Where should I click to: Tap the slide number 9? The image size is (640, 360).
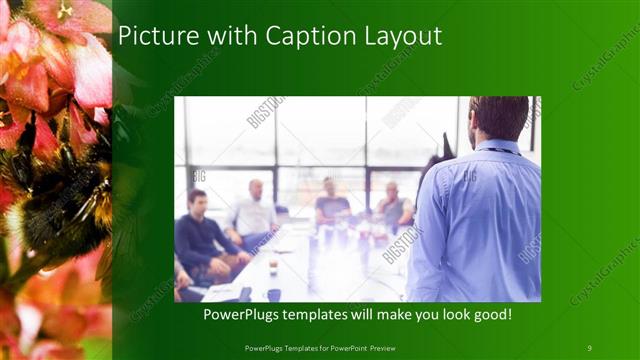pyautogui.click(x=589, y=347)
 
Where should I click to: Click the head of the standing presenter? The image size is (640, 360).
pyautogui.click(x=497, y=118)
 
